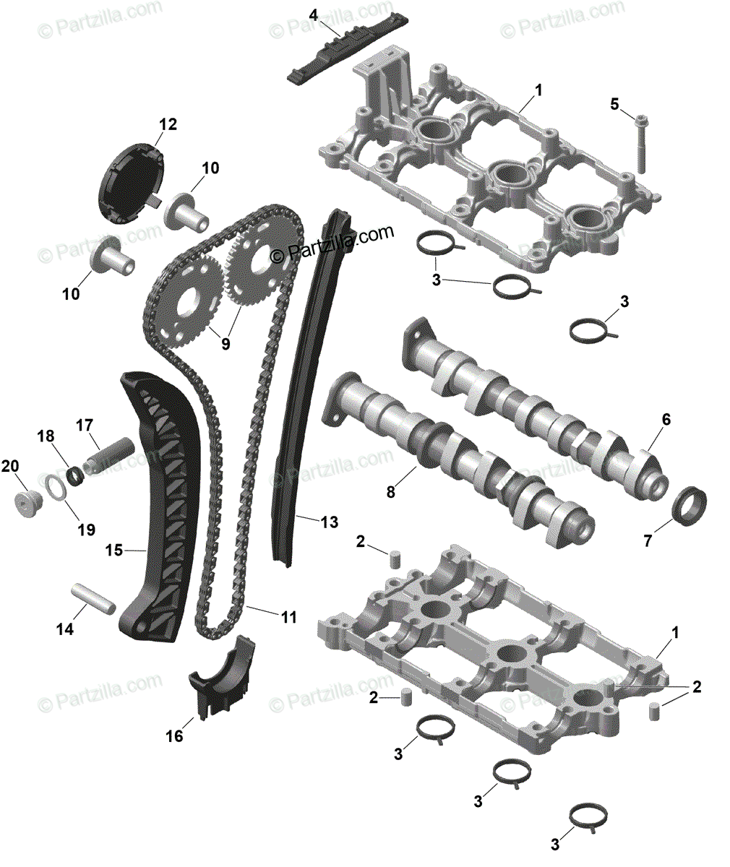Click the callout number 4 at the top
click(x=313, y=14)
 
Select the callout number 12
click(x=168, y=124)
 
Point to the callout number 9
click(x=226, y=345)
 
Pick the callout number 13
click(x=329, y=522)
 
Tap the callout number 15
click(x=113, y=551)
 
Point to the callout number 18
click(x=46, y=436)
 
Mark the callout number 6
click(x=666, y=419)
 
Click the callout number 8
click(x=390, y=492)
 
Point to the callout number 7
click(x=648, y=540)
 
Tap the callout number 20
click(x=10, y=466)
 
